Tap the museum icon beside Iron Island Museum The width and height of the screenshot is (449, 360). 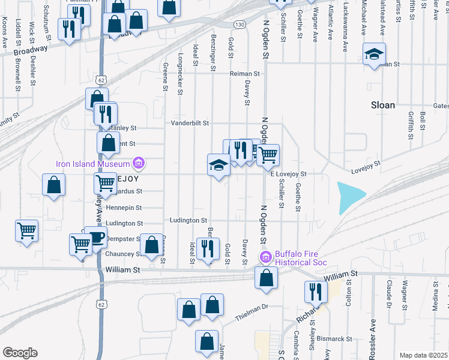139,163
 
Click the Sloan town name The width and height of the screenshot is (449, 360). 382,105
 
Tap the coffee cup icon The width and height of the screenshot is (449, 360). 95,236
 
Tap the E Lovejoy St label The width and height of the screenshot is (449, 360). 289,174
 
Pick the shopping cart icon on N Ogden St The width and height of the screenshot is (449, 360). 268,154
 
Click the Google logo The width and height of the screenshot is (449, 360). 20,353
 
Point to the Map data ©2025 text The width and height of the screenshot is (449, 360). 424,355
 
